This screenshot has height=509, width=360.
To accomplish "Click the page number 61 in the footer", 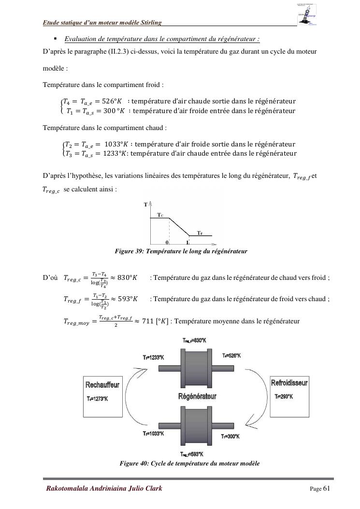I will pyautogui.click(x=326, y=488).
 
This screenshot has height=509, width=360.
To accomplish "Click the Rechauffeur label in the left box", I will pyautogui.click(x=102, y=385).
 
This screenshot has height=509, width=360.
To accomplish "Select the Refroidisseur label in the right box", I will pyautogui.click(x=289, y=383).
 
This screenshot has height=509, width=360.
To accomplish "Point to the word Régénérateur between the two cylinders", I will pyautogui.click(x=197, y=396).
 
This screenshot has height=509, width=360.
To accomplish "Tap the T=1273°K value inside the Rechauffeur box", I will pyautogui.click(x=98, y=399).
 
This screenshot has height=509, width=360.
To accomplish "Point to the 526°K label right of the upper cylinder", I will pyautogui.click(x=231, y=356).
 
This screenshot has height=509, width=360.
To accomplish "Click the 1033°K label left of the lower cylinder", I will pyautogui.click(x=154, y=434).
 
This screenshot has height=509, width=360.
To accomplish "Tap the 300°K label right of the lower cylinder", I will pyautogui.click(x=230, y=436).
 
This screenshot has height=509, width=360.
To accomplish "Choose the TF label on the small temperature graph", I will pyautogui.click(x=200, y=233).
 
